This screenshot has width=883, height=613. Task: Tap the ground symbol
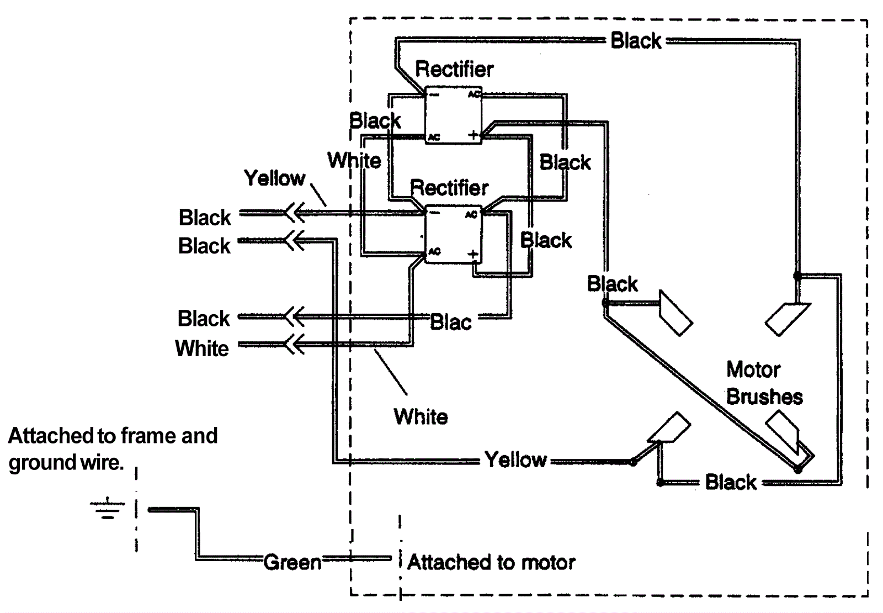[107, 509]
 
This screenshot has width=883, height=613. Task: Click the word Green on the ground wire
[292, 562]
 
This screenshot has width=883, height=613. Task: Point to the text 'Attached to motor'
[491, 562]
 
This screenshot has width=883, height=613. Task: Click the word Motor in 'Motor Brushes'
[753, 369]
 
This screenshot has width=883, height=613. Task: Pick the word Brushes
[764, 397]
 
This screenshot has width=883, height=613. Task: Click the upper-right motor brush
[787, 319]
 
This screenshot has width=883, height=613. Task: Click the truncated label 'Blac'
[450, 322]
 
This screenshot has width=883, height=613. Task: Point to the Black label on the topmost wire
[636, 40]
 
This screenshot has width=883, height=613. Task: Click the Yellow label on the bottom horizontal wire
[515, 459]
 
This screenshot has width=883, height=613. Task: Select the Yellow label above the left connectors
[274, 178]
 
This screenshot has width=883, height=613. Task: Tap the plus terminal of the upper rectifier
[473, 134]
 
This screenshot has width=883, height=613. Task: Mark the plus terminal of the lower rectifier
[472, 254]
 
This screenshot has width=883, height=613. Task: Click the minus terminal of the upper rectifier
[434, 94]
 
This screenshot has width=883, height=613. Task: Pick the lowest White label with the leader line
[421, 416]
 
